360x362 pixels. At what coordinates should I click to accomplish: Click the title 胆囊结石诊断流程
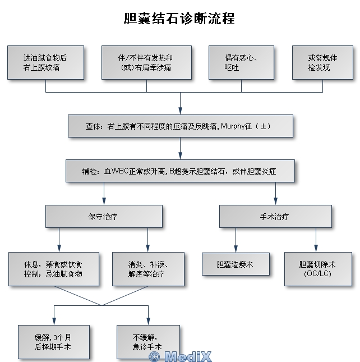(x=179, y=19)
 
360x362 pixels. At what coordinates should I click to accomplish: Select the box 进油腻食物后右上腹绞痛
(x=46, y=62)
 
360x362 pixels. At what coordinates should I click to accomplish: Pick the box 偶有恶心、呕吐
(x=242, y=62)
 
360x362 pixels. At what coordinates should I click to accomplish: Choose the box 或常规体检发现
(x=323, y=62)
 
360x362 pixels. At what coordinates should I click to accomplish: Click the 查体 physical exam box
(x=180, y=126)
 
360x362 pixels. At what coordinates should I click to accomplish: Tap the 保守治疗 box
(x=104, y=216)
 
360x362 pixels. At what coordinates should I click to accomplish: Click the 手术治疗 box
(x=275, y=216)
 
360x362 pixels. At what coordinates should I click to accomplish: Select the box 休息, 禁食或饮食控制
(x=54, y=269)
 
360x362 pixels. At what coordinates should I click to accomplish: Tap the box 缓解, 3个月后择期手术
(x=53, y=342)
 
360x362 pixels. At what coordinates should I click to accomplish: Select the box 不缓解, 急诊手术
(x=147, y=342)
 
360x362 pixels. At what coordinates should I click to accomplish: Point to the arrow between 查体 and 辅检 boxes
(x=180, y=148)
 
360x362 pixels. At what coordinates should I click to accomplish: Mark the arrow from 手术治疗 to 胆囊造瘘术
(x=236, y=240)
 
